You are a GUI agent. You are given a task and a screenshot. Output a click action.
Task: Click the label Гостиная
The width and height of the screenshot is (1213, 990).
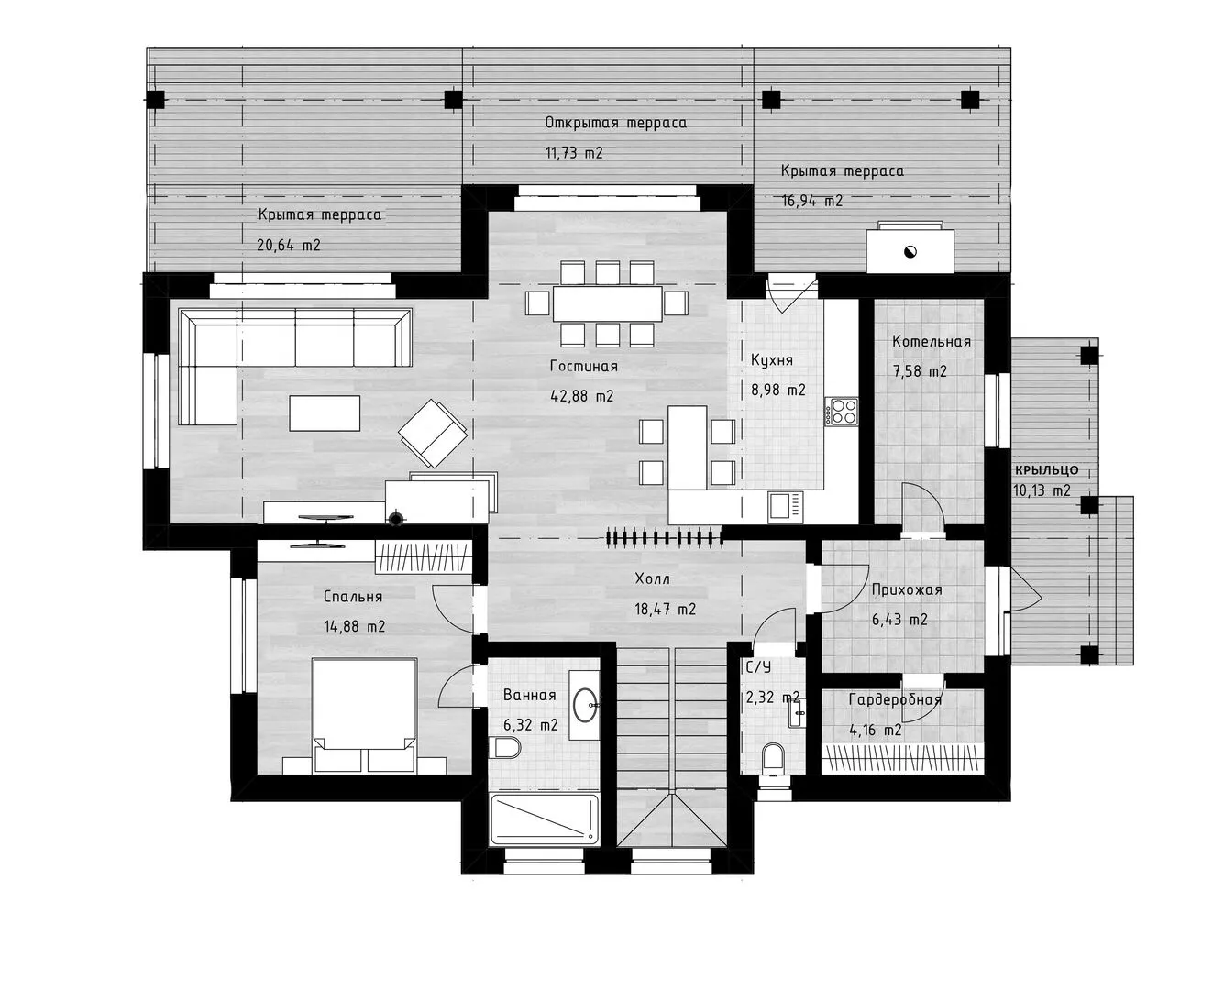pos(583,367)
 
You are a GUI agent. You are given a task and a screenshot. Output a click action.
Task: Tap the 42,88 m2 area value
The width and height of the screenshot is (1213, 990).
pos(581,396)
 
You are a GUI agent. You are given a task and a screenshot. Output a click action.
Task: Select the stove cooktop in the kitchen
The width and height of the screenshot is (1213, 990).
pos(842,412)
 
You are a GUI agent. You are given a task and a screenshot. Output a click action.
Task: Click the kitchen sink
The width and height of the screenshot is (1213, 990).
pos(786,507)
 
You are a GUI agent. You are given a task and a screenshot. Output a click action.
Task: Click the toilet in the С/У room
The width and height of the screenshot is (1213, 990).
pos(772,761)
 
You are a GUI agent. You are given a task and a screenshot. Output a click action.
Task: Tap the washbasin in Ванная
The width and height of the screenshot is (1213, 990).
pos(586,704)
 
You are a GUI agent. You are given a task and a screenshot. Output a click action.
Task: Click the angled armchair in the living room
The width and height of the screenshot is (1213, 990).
pos(433,434)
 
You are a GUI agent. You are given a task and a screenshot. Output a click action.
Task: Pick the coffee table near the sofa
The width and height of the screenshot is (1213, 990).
pos(325,412)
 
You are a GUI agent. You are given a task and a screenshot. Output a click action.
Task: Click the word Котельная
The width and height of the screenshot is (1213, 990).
pos(932,342)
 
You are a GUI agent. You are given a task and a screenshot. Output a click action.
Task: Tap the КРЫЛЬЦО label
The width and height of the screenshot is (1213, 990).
pos(1046,469)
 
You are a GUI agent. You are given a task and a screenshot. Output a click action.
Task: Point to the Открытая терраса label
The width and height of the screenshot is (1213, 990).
pos(615,123)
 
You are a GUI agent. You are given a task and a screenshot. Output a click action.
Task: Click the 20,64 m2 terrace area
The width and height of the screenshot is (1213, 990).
pos(288,246)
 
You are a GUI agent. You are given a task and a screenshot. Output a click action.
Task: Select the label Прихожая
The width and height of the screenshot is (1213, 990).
pos(907,589)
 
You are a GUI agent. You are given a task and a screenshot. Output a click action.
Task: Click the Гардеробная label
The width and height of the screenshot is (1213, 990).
pos(895,699)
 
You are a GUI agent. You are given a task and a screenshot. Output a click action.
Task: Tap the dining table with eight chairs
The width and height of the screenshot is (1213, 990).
pos(607,303)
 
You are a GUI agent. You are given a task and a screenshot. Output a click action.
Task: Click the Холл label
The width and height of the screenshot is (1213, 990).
pos(652,578)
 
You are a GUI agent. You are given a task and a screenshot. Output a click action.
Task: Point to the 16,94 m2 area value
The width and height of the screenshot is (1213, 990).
pos(811,201)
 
